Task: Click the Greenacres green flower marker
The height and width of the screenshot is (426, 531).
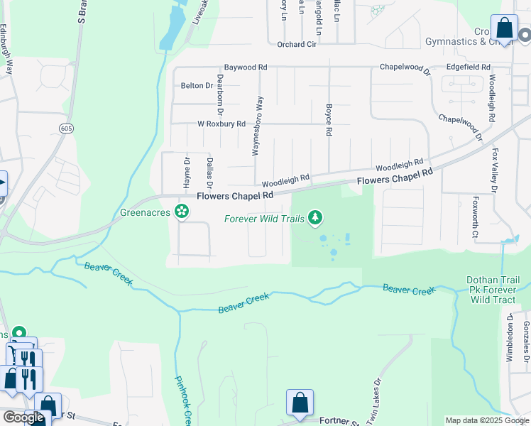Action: click(182, 211)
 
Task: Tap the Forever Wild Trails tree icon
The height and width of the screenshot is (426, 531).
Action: click(314, 218)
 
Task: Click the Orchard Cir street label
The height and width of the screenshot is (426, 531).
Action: click(297, 45)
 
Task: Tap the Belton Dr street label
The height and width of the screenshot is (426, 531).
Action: click(197, 85)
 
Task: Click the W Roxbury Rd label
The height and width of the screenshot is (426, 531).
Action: click(221, 124)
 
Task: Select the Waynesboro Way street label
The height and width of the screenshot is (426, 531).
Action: click(258, 126)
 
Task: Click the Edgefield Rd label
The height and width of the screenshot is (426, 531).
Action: click(469, 67)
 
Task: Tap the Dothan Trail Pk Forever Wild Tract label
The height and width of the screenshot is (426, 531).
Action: click(494, 290)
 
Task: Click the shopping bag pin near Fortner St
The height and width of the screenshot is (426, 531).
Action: click(300, 403)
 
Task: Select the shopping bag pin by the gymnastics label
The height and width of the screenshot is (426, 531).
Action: click(504, 29)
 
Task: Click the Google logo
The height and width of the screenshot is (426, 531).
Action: click(23, 417)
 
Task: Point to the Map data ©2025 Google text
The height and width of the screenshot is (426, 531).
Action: click(487, 420)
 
